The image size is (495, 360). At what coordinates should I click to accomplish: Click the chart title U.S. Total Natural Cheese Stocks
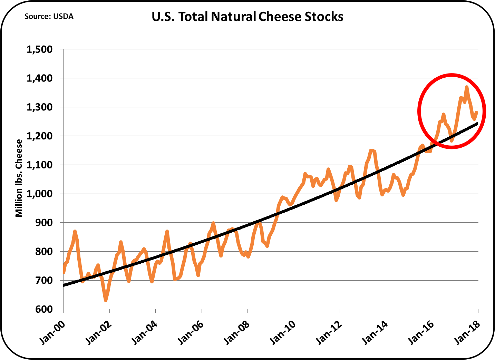pyautogui.click(x=247, y=17)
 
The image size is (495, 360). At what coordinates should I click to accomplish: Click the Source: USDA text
pyautogui.click(x=49, y=17)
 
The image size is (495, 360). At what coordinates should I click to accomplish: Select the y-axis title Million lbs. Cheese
pyautogui.click(x=19, y=178)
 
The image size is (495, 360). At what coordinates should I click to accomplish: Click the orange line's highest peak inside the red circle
pyautogui.click(x=467, y=87)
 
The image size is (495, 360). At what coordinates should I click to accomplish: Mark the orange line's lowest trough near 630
pyautogui.click(x=106, y=300)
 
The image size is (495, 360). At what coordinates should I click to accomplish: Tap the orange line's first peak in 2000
pyautogui.click(x=75, y=231)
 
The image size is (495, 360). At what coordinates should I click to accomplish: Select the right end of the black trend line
pyautogui.click(x=477, y=123)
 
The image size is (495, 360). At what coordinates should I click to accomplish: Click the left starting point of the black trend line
pyautogui.click(x=64, y=285)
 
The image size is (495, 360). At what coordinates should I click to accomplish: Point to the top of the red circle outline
pyautogui.click(x=452, y=74)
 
